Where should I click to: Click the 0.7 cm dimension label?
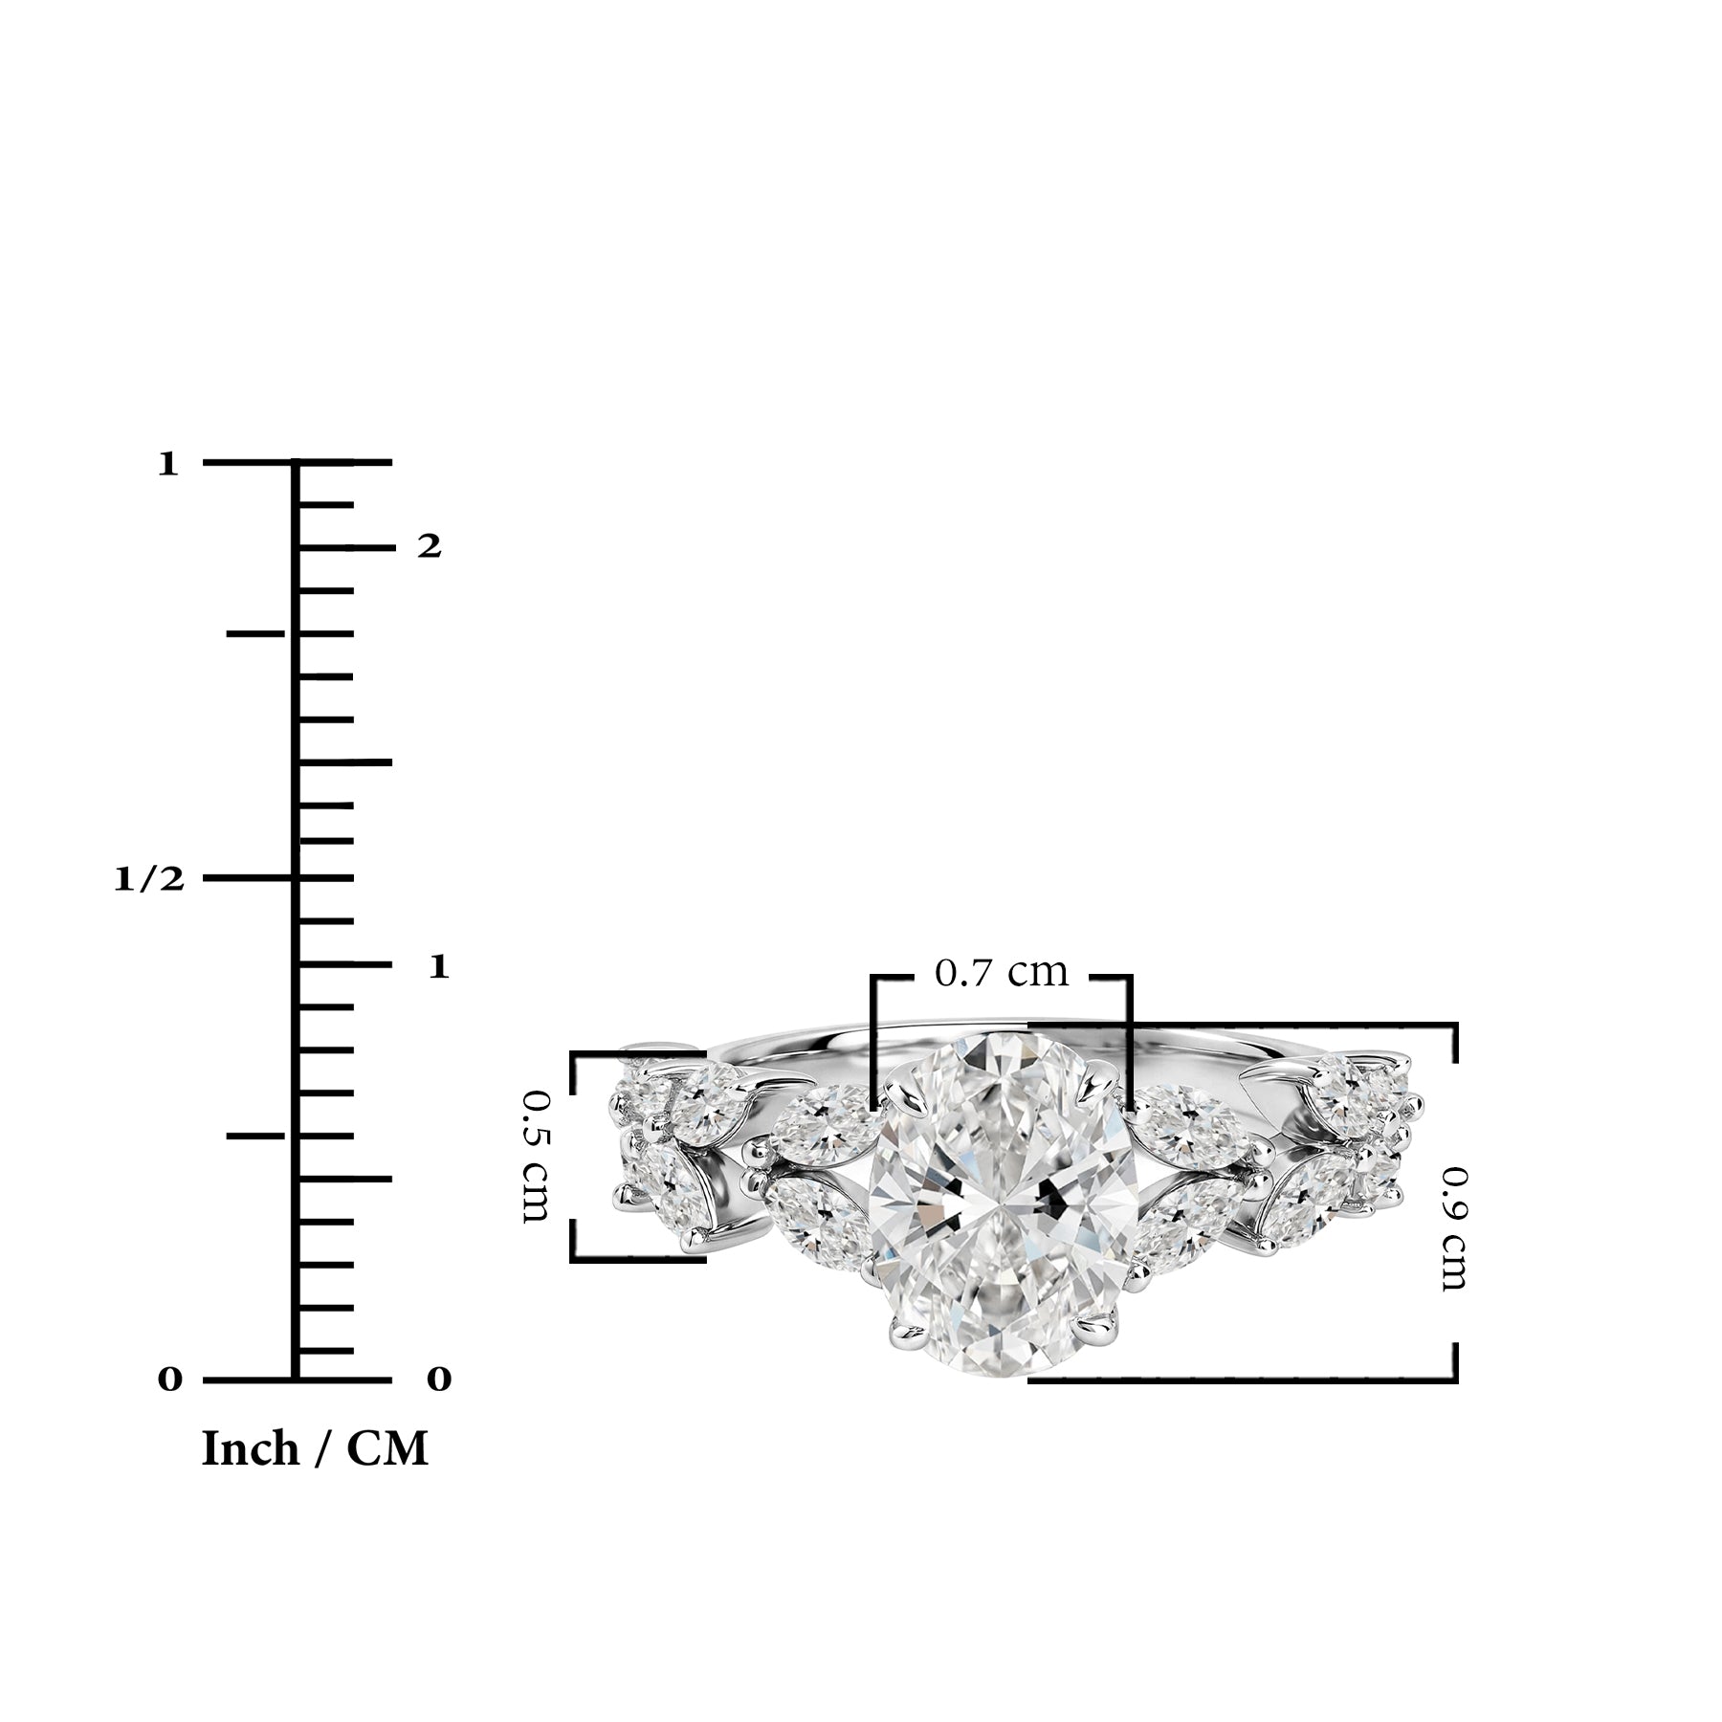point(1001,973)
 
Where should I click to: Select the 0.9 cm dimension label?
point(1454,1228)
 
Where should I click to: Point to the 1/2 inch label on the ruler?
point(148,879)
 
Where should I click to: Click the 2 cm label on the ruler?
point(430,546)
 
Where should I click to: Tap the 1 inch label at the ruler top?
point(168,465)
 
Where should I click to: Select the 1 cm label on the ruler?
point(438,966)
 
